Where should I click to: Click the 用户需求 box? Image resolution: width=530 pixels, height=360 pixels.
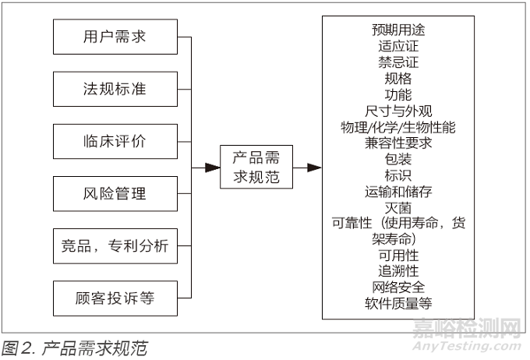(115, 37)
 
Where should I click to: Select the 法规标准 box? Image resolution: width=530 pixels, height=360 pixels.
(115, 89)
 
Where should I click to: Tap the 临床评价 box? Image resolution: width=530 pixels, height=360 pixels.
(115, 141)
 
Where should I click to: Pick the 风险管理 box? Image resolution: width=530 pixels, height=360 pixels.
(115, 193)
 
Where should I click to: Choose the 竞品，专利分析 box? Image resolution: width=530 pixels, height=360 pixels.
(115, 245)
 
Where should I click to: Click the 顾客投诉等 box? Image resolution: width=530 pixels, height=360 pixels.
(115, 298)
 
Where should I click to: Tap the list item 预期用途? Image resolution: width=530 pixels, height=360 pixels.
(398, 30)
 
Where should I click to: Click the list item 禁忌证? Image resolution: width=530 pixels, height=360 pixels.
(398, 62)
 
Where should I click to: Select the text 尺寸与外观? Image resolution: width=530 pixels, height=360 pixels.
(398, 111)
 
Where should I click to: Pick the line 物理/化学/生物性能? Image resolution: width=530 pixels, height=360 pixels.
(398, 127)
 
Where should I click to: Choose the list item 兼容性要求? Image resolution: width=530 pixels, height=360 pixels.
(398, 143)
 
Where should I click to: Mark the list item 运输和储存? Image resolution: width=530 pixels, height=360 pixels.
(398, 191)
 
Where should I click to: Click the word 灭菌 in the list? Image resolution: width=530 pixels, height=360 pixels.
(398, 207)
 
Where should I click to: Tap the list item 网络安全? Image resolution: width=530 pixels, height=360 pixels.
(398, 288)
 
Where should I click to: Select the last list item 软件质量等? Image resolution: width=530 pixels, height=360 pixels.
(398, 303)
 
